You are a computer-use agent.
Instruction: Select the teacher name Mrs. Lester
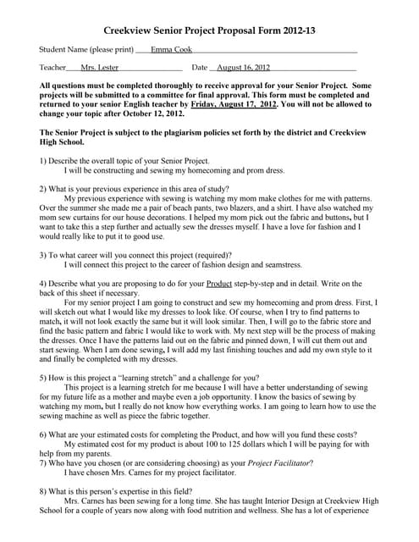click(x=99, y=67)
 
